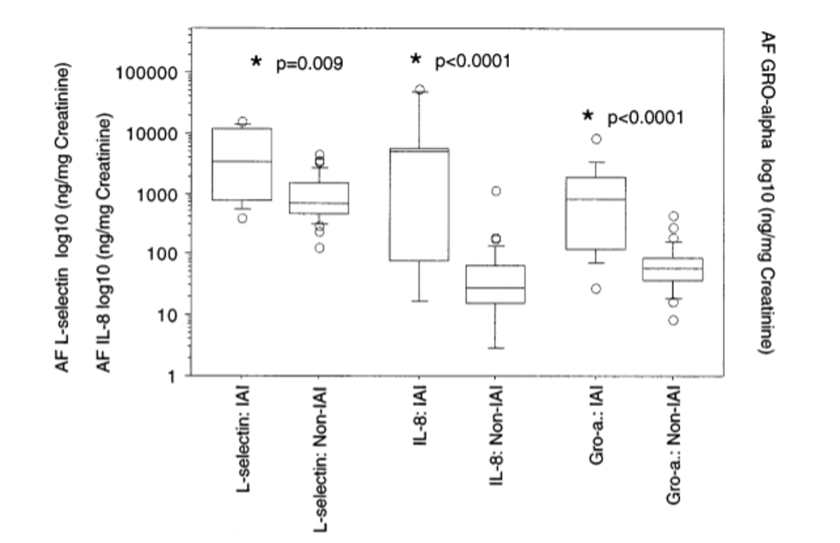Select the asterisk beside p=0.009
tap(256, 62)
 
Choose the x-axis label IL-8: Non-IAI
tap(494, 432)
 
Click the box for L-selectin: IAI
tap(242, 164)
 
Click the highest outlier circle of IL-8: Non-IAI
tap(495, 191)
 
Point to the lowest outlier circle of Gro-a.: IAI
tap(596, 288)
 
